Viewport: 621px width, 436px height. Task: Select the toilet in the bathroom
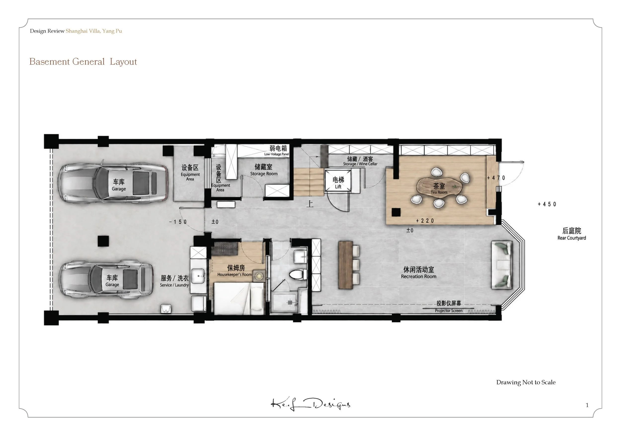click(298, 275)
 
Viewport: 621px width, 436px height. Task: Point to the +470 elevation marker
click(496, 178)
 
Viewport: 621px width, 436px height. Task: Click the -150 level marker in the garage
click(178, 222)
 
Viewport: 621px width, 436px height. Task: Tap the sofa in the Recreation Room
click(502, 265)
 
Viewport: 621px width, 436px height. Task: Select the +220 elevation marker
click(425, 221)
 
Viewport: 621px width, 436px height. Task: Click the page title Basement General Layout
click(83, 62)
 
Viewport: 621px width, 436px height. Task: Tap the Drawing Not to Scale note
click(526, 382)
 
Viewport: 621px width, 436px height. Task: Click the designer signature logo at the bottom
click(310, 404)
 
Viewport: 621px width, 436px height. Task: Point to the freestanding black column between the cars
click(103, 241)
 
